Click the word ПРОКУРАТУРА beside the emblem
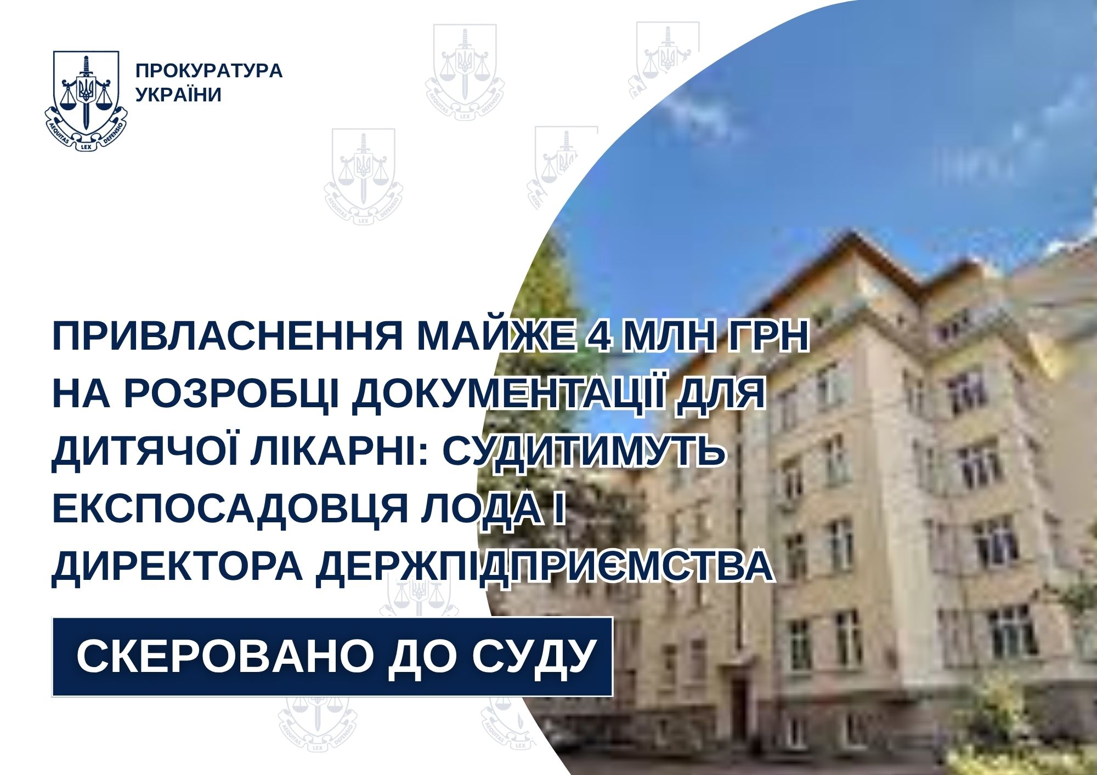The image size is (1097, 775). pos(209,71)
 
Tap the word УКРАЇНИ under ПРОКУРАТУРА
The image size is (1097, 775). pos(179,94)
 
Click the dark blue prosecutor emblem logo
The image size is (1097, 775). pos(86,101)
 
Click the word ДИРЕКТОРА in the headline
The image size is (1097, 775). pos(177,568)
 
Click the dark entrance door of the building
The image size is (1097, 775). pos(739,701)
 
